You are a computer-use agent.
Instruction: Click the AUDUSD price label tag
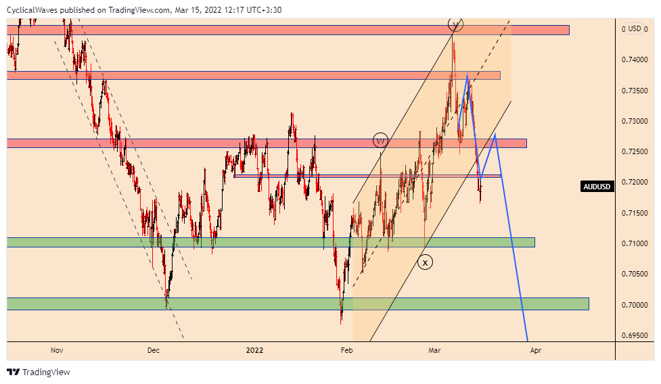point(598,187)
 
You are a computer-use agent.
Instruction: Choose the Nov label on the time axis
point(57,350)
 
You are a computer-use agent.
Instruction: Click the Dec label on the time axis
point(154,350)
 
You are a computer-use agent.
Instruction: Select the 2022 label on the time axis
point(254,350)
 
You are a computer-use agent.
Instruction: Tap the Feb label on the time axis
point(347,350)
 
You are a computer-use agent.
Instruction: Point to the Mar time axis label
point(435,350)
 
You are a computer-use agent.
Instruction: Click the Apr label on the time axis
point(536,350)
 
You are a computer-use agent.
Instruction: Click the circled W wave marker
point(380,141)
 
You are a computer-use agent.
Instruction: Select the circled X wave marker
point(425,262)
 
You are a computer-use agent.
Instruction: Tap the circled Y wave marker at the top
point(455,24)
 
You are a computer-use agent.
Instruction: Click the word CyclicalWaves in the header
point(34,10)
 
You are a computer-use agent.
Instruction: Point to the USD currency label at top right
point(634,28)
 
